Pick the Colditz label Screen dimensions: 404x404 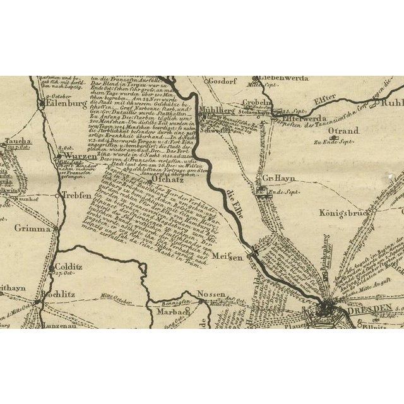(x=65, y=267)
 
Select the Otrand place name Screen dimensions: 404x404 (x=343, y=131)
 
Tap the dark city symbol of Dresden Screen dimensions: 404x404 (x=328, y=308)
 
